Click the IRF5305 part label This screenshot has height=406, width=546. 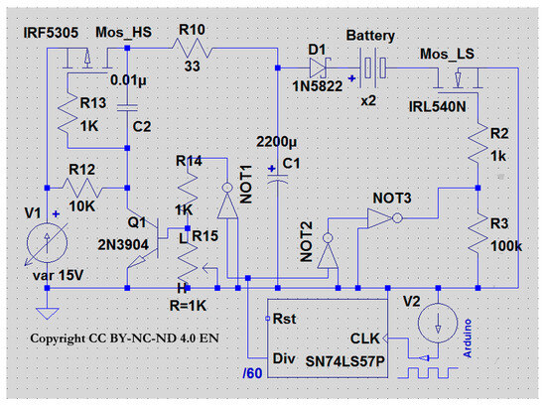point(51,33)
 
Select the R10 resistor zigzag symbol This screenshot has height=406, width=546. point(192,48)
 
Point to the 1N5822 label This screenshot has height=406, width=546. point(318,86)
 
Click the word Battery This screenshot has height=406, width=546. point(370,36)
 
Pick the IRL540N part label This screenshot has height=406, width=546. point(437,106)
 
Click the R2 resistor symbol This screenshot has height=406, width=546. point(478,142)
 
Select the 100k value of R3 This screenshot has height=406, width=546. point(506,246)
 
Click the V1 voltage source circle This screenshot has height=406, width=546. point(47,242)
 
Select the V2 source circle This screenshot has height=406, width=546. point(438,323)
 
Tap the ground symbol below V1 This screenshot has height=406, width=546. point(48,313)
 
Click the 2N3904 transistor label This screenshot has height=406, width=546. point(123,245)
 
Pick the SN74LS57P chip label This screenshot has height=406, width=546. point(344,361)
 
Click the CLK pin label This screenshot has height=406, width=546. point(364,338)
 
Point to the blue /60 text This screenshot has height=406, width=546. point(252,373)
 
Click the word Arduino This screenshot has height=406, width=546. point(468,338)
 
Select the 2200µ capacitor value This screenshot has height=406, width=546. point(277,142)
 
